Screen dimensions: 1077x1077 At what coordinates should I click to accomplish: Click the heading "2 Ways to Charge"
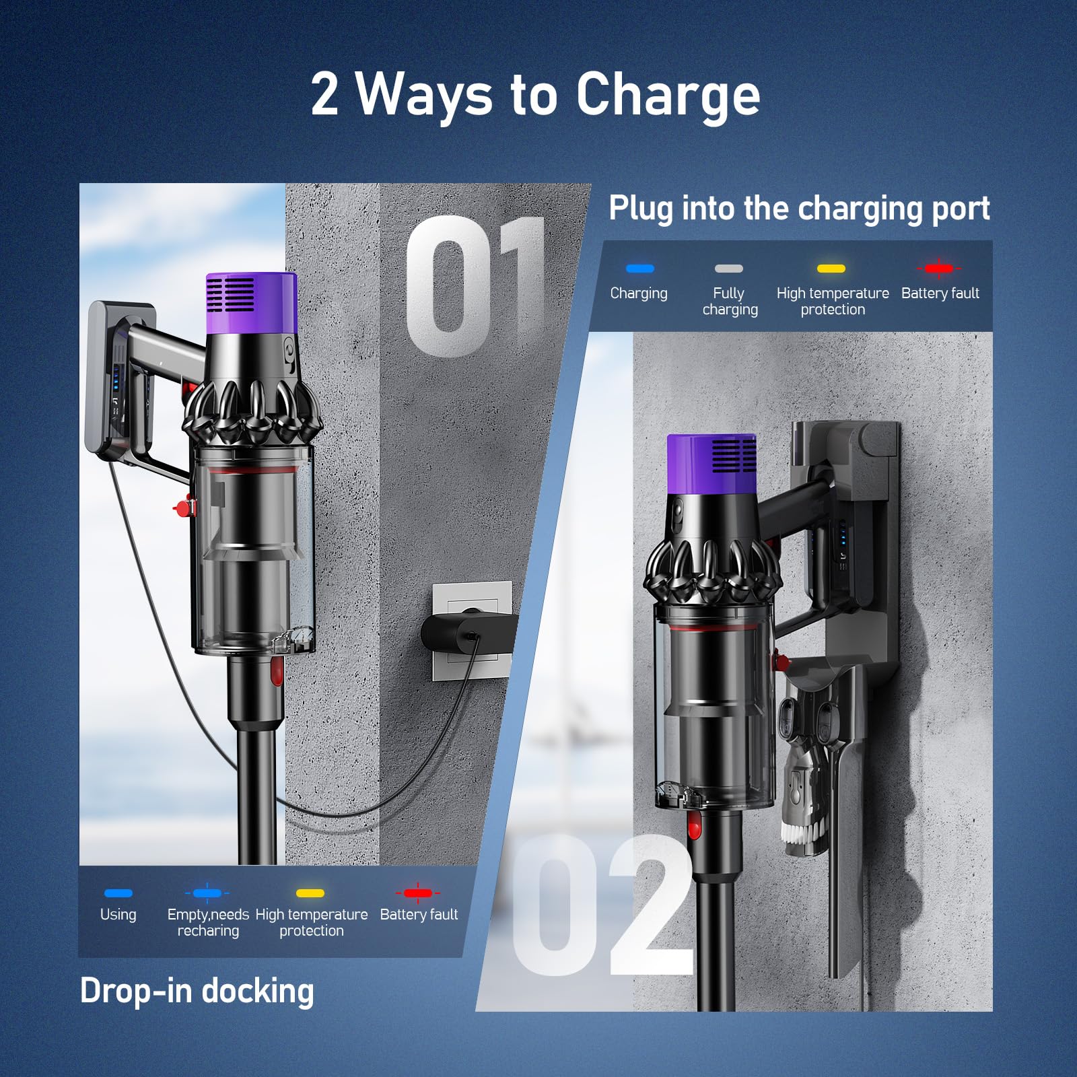click(x=535, y=95)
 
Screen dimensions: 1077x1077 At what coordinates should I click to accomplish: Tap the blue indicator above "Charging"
click(x=639, y=269)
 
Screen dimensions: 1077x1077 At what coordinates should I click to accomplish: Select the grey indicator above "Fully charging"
click(x=729, y=269)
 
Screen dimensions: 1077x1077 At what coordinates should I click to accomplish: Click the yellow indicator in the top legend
click(x=831, y=269)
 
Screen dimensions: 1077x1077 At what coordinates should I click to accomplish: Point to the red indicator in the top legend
click(x=939, y=269)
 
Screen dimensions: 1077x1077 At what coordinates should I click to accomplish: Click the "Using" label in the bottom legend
click(x=118, y=914)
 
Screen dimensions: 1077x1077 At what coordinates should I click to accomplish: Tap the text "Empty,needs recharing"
click(x=208, y=922)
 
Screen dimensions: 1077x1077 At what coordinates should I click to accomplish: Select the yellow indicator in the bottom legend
click(x=310, y=893)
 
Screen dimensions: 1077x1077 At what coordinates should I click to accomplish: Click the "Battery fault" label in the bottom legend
click(x=419, y=914)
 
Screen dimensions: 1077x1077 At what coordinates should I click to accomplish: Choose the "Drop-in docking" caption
click(x=197, y=991)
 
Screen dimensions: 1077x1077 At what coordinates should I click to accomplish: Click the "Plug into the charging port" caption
click(x=799, y=208)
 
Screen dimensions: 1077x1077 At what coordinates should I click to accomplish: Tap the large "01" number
click(x=475, y=285)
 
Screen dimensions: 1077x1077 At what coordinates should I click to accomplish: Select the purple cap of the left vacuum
click(x=252, y=303)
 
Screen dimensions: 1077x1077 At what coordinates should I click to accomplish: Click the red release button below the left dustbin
click(x=276, y=671)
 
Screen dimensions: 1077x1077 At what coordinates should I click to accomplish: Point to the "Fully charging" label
click(x=730, y=301)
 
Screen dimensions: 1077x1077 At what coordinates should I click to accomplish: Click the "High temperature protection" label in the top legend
click(x=833, y=301)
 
